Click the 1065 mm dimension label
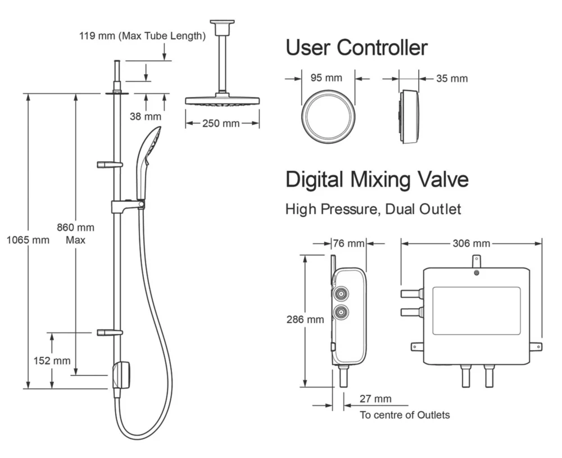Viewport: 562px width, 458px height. pyautogui.click(x=28, y=241)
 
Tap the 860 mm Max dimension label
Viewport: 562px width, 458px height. pyautogui.click(x=75, y=233)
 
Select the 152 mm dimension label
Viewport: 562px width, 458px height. pyautogui.click(x=52, y=361)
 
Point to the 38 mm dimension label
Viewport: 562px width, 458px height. pyautogui.click(x=145, y=116)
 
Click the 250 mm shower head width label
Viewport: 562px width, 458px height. pyautogui.click(x=221, y=123)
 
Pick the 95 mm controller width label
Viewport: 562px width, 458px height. pyautogui.click(x=325, y=78)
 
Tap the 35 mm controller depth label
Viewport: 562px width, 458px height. pyautogui.click(x=451, y=78)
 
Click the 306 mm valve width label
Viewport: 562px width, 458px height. pyautogui.click(x=471, y=243)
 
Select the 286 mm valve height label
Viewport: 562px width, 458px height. pyautogui.click(x=305, y=319)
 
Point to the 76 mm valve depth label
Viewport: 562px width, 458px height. pyautogui.click(x=348, y=243)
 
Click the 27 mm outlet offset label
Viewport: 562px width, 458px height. pyautogui.click(x=375, y=399)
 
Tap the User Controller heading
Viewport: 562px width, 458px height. pyautogui.click(x=356, y=48)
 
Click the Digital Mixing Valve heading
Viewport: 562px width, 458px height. pyautogui.click(x=377, y=180)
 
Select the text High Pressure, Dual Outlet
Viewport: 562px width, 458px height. pyautogui.click(x=373, y=210)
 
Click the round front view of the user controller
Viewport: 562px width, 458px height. pyautogui.click(x=328, y=117)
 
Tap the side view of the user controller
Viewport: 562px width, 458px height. pyautogui.click(x=409, y=116)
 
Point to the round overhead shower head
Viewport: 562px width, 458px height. pyautogui.click(x=222, y=102)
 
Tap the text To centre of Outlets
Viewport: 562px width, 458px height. pyautogui.click(x=405, y=415)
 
